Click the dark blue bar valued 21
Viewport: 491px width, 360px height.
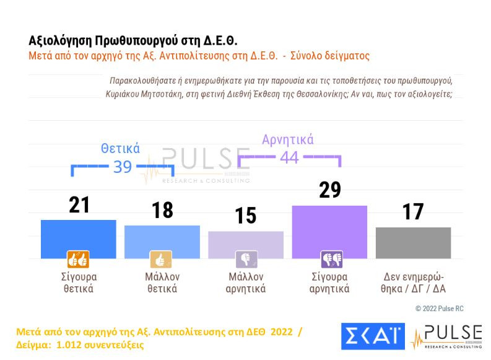pos(79,239)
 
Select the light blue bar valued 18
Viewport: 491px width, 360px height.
pos(162,242)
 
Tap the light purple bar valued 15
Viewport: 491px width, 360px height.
pos(246,244)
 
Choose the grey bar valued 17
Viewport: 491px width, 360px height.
pos(413,242)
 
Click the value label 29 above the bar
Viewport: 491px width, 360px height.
pos(329,190)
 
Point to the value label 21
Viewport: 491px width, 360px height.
pos(79,204)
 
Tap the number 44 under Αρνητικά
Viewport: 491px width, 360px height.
pos(289,157)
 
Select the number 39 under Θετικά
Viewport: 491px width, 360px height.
pos(122,166)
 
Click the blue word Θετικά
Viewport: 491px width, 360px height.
pos(120,149)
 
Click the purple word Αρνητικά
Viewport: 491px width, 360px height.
pos(288,139)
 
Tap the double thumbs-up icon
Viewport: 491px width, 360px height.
pos(79,259)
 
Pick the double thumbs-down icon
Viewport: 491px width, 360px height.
pos(331,259)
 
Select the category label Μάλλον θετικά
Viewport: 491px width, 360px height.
pos(162,283)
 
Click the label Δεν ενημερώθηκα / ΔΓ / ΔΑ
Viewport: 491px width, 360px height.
pos(413,283)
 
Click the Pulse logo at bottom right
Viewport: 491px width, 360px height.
pos(446,336)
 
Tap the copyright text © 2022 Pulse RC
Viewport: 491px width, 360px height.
pos(440,309)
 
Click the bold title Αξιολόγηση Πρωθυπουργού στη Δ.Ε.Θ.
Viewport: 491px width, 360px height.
pos(133,40)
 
